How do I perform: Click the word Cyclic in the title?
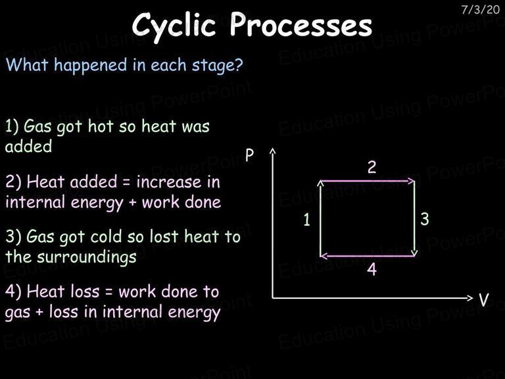coord(174,26)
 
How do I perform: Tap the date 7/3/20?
coord(480,10)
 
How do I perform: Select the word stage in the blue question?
coord(213,66)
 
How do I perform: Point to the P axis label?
coord(250,155)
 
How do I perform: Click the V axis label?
coord(483,299)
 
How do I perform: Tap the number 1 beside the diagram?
coord(306,220)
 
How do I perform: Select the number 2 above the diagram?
coord(372,167)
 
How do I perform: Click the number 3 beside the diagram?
coord(425,219)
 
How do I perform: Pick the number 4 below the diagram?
coord(372,269)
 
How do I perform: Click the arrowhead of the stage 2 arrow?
coord(412,181)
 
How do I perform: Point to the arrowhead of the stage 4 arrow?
coord(323,256)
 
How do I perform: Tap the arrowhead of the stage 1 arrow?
coord(320,183)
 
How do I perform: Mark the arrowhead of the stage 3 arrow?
coord(414,253)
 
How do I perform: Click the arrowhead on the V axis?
coord(470,298)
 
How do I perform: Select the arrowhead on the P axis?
coord(273,151)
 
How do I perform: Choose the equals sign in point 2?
coord(126,184)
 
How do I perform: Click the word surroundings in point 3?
coord(86,258)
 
